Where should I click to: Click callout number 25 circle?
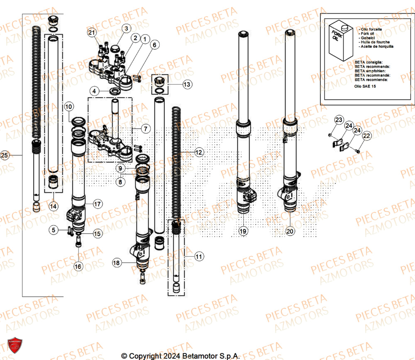(5, 155)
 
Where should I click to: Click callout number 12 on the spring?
(199, 153)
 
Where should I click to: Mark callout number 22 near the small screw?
(366, 135)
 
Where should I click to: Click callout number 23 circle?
(339, 120)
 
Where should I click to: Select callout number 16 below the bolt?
(78, 266)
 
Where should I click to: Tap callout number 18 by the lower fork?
(117, 262)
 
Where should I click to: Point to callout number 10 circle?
(69, 107)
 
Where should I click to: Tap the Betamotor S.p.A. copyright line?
(180, 356)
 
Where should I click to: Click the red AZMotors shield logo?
(15, 345)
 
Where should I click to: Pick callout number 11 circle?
(199, 257)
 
